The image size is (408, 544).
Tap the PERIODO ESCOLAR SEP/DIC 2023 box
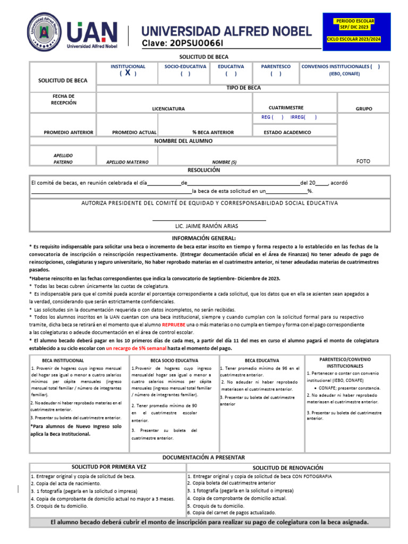tap(354, 23)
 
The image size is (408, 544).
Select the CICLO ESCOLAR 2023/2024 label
tap(354, 40)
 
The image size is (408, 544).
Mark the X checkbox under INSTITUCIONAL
tap(127, 73)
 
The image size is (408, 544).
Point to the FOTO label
tap(363, 161)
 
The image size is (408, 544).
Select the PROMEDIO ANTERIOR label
tap(69, 132)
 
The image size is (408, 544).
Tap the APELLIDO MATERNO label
tap(127, 162)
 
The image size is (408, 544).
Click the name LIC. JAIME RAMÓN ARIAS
tap(203, 226)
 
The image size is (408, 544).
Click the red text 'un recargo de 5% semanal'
tap(135, 348)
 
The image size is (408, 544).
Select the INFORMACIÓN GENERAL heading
tap(203, 238)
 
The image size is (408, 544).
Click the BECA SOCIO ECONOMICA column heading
tap(174, 360)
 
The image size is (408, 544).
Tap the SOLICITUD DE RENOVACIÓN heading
tap(287, 467)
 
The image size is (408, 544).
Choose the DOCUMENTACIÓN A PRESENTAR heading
tap(203, 457)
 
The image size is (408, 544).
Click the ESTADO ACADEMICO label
tap(287, 132)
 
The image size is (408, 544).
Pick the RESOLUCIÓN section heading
tap(203, 170)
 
